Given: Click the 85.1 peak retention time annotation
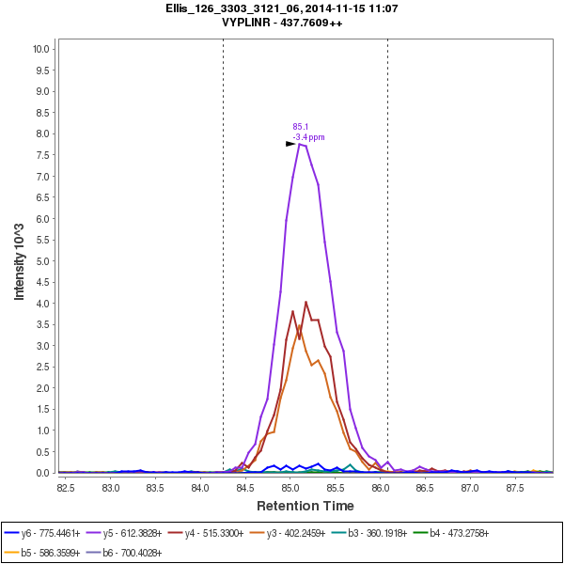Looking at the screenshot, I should (x=300, y=127).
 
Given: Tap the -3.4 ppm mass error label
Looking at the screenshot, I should (x=308, y=137).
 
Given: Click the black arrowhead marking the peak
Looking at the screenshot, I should (x=290, y=144).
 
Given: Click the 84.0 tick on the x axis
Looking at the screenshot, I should (x=200, y=489).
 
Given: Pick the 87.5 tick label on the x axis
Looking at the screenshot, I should (x=514, y=489).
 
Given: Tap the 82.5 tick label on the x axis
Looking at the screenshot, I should (x=66, y=489).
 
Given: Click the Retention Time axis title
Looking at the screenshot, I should (x=305, y=507).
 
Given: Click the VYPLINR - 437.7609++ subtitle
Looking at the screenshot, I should (x=281, y=23).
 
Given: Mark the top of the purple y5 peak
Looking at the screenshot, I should (x=300, y=144).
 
